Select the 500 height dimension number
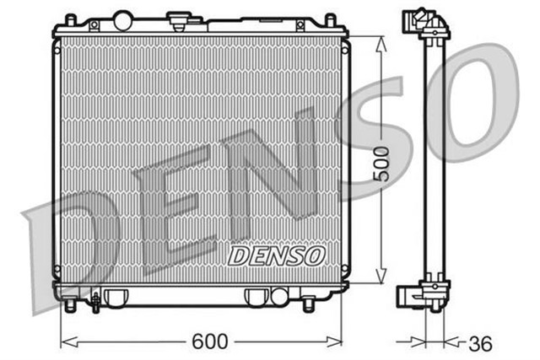pyautogui.click(x=381, y=159)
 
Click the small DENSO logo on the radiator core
pyautogui.click(x=275, y=252)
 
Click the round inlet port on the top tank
pyautogui.click(x=123, y=19)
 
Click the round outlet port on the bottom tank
pyautogui.click(x=278, y=296)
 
